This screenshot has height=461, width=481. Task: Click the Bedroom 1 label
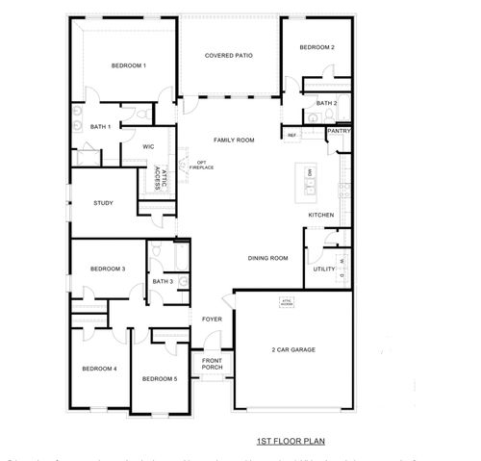[128, 65]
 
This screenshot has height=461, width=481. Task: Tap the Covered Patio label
[229, 56]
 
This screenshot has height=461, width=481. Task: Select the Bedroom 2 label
[316, 47]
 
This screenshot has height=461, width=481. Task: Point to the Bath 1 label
[101, 126]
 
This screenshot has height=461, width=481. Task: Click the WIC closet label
[148, 146]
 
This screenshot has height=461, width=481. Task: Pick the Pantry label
[338, 131]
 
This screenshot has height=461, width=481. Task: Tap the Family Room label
[234, 141]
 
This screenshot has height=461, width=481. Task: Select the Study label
[103, 203]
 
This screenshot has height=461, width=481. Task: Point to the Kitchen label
[320, 215]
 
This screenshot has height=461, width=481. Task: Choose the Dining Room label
[268, 258]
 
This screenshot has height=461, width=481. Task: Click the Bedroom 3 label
[109, 269]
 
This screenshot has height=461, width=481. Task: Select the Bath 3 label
[163, 281]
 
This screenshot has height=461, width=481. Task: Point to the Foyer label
[212, 319]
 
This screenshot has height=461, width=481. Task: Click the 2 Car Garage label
[292, 349]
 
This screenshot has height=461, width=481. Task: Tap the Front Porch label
[212, 364]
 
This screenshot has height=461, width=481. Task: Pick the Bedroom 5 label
[160, 379]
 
